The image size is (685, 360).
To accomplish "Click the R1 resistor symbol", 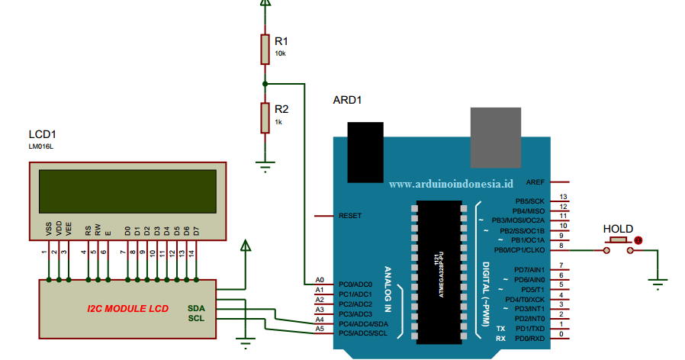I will [265, 49].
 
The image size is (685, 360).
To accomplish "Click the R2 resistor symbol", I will [265, 118].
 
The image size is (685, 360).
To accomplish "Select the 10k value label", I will [280, 54].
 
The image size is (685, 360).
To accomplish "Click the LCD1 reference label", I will [43, 135].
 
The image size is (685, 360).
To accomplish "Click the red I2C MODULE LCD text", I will [127, 308].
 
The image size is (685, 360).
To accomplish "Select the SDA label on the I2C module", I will [196, 307].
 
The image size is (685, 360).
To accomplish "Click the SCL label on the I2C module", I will [196, 318].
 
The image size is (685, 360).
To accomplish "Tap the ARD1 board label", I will [347, 100].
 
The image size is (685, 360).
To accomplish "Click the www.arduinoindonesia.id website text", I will [452, 184].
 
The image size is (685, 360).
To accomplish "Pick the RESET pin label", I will [350, 216].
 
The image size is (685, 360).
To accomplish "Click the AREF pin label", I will [535, 182].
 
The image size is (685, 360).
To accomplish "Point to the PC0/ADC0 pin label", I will [355, 284].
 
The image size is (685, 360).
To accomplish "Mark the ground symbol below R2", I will [265, 165].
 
